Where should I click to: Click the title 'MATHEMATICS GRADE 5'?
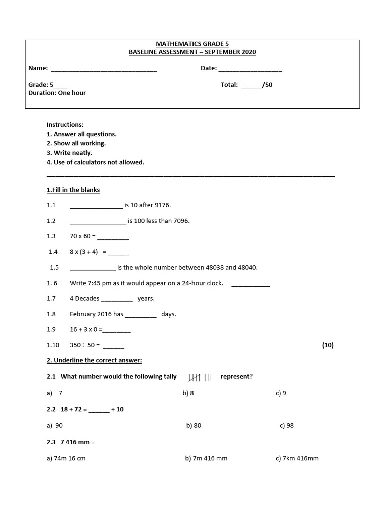(x=192, y=44)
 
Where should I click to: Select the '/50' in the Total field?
(x=267, y=85)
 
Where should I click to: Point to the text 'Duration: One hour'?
(x=57, y=93)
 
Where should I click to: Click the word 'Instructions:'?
(x=65, y=124)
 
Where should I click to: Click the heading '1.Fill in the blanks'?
(x=73, y=190)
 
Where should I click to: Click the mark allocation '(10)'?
(x=327, y=345)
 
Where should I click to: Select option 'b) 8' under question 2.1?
(x=188, y=393)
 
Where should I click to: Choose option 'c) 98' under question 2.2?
(x=287, y=425)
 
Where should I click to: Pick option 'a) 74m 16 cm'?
(x=66, y=458)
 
